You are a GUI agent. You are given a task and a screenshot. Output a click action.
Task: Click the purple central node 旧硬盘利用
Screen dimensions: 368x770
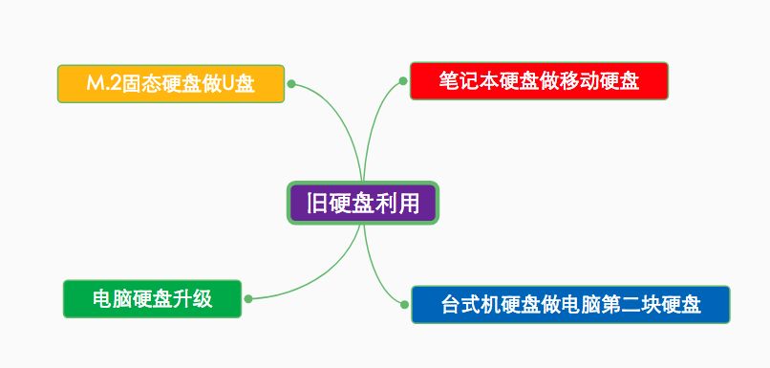click(x=362, y=204)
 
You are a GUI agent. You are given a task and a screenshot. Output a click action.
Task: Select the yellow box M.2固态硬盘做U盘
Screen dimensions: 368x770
click(x=171, y=84)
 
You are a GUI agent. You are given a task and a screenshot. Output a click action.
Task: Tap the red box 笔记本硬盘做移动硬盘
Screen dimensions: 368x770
click(x=539, y=81)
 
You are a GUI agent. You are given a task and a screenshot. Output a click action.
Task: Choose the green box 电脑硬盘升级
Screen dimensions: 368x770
click(x=152, y=299)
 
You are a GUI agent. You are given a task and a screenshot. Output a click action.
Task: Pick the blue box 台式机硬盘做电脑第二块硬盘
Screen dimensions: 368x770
click(x=570, y=305)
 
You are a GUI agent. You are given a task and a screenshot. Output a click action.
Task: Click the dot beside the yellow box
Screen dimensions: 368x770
click(x=291, y=84)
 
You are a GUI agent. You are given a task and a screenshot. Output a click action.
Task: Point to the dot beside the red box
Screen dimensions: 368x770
click(x=403, y=81)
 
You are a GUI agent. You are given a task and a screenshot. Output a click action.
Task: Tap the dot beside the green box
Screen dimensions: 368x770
click(x=247, y=299)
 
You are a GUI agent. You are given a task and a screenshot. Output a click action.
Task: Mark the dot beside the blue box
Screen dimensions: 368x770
click(x=405, y=305)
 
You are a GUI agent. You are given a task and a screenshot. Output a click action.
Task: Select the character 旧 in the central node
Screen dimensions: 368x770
click(x=316, y=204)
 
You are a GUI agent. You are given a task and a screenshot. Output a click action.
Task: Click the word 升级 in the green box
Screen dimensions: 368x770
click(x=194, y=299)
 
